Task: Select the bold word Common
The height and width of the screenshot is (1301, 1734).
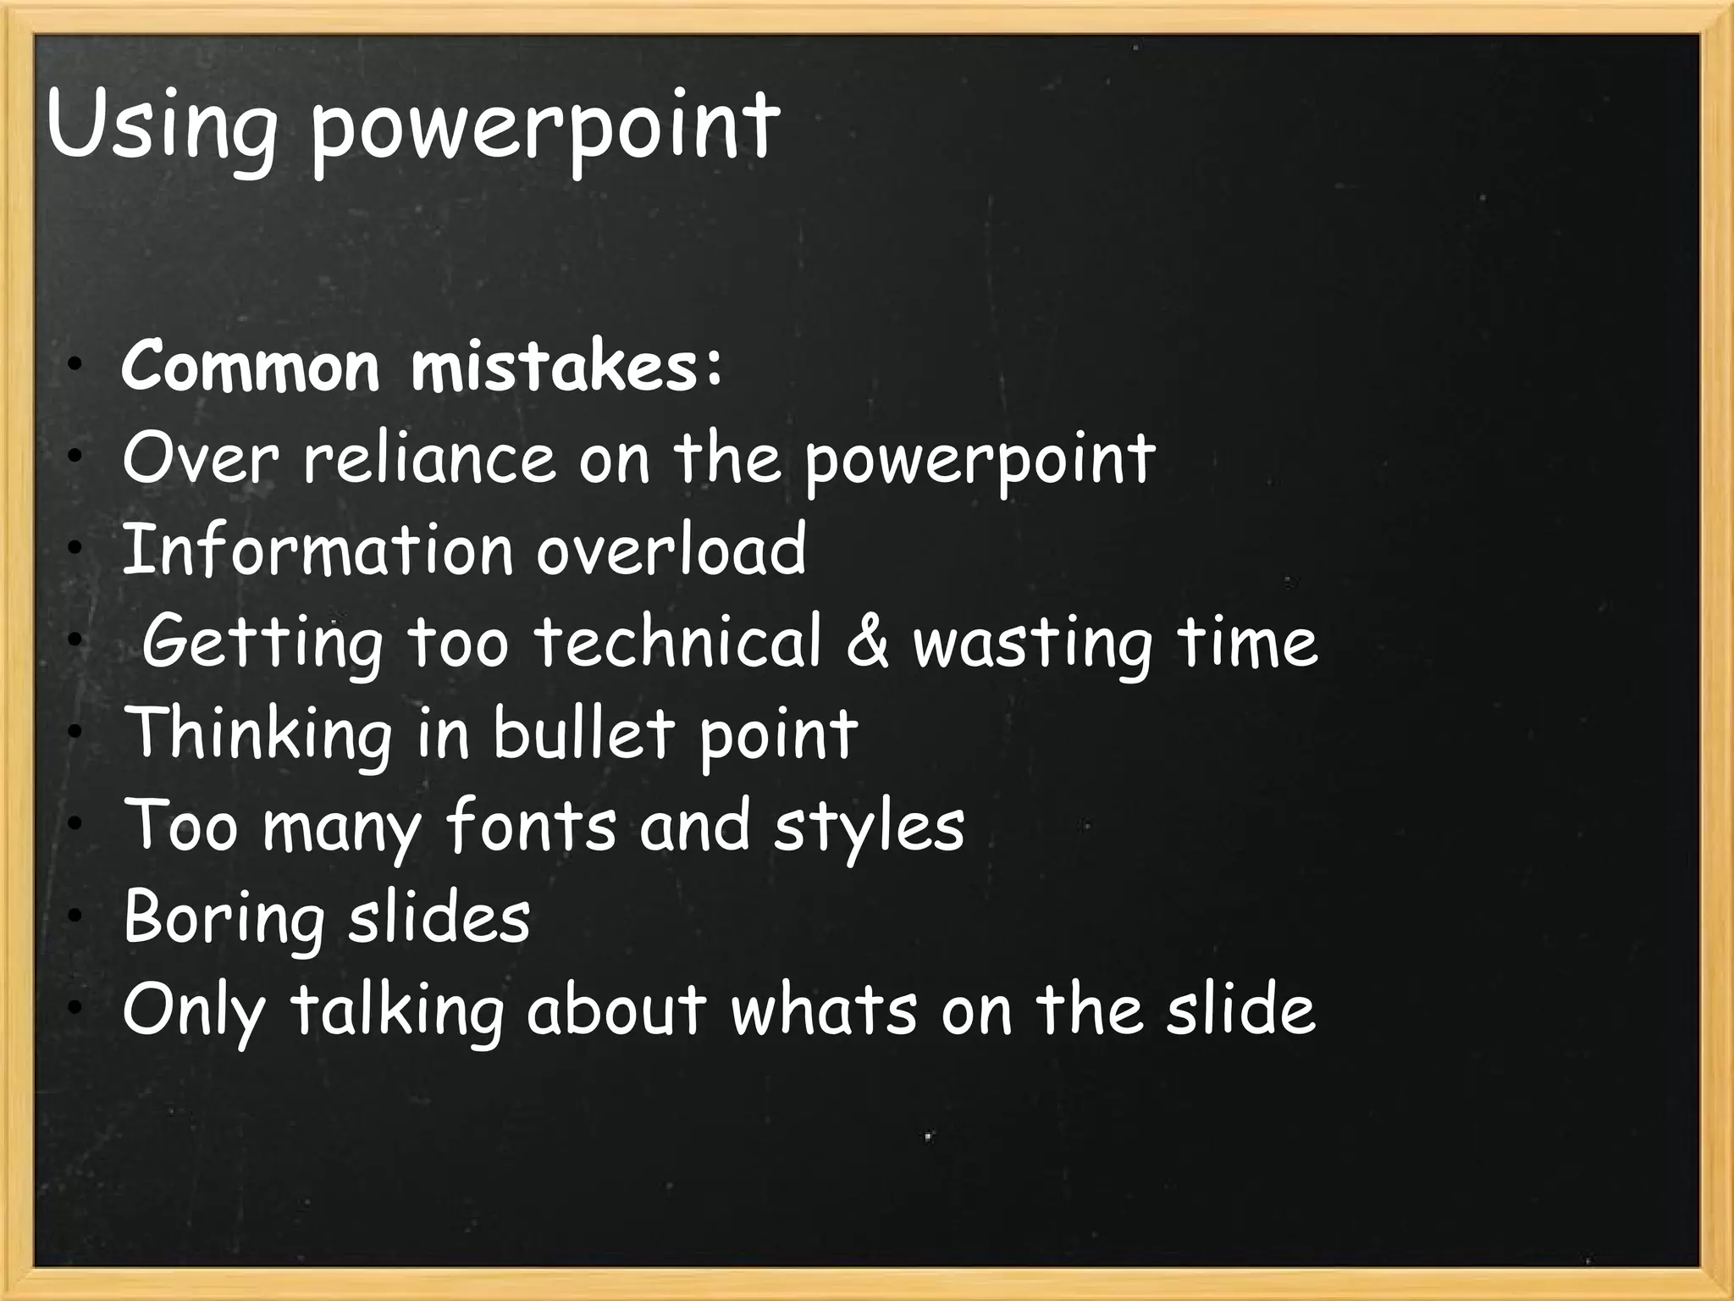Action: (251, 366)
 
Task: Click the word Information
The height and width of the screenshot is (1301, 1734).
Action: (318, 550)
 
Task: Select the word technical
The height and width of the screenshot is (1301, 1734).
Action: (678, 641)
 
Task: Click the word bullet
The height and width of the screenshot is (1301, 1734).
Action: (583, 733)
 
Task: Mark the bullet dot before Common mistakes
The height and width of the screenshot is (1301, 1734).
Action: (76, 366)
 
